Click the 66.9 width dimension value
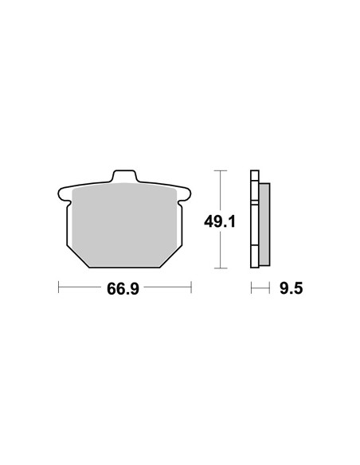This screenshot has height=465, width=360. pos(123,288)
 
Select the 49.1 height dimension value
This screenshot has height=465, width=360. pos(220,221)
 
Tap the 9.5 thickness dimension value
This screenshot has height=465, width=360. pos(292,288)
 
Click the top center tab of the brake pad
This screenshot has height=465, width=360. pos(124,175)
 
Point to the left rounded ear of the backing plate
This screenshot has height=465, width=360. pos(63,194)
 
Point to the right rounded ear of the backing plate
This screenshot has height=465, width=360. pos(186,194)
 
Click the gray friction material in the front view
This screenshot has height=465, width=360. pos(124,225)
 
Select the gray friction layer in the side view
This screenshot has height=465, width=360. pos(264,225)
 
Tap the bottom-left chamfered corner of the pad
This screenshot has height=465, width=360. pos(78,256)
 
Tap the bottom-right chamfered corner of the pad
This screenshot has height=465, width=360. pos(171,256)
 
